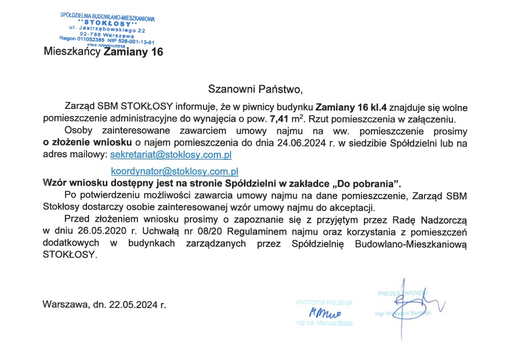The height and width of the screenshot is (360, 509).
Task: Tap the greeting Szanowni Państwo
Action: (x=255, y=90)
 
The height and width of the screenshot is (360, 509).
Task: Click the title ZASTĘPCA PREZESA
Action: (x=324, y=302)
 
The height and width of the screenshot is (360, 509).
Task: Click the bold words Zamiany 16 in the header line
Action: (x=133, y=52)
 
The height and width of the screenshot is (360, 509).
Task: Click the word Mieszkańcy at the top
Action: (x=72, y=52)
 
